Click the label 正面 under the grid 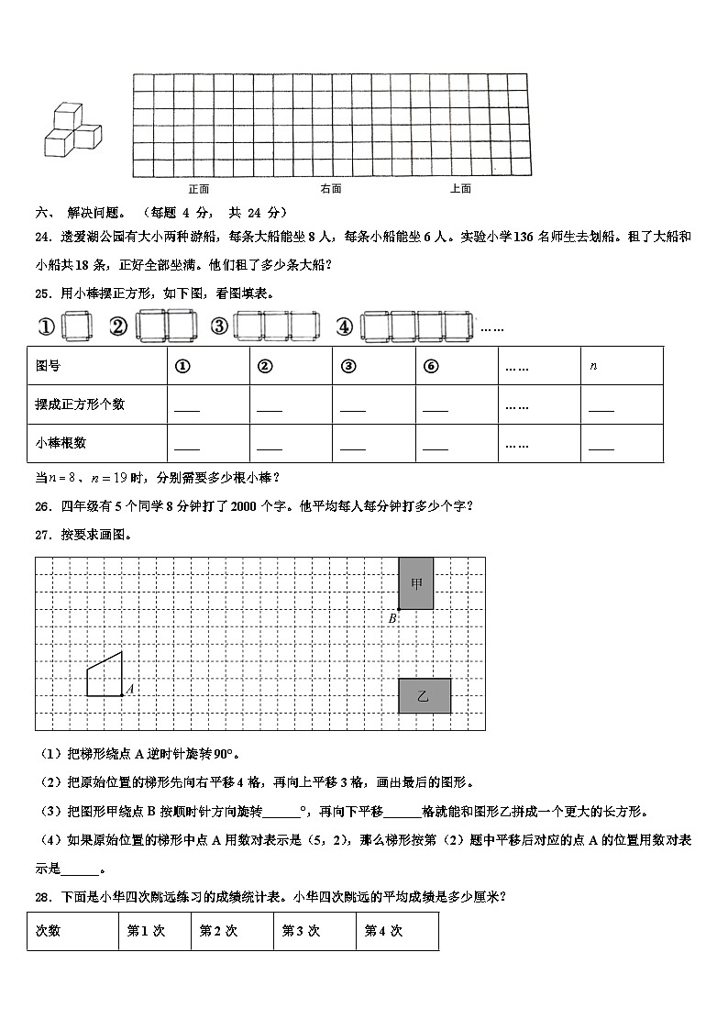(199, 189)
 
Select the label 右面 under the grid (331, 189)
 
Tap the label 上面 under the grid (460, 189)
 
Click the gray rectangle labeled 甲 (416, 582)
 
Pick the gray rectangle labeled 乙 (424, 695)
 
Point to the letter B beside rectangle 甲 (392, 618)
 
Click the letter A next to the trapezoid (129, 688)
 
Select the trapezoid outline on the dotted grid (105, 677)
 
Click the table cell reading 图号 (48, 365)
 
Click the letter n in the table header (593, 365)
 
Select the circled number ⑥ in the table (431, 365)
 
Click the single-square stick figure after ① (73, 326)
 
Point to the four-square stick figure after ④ (416, 326)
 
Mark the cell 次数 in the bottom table (48, 930)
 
